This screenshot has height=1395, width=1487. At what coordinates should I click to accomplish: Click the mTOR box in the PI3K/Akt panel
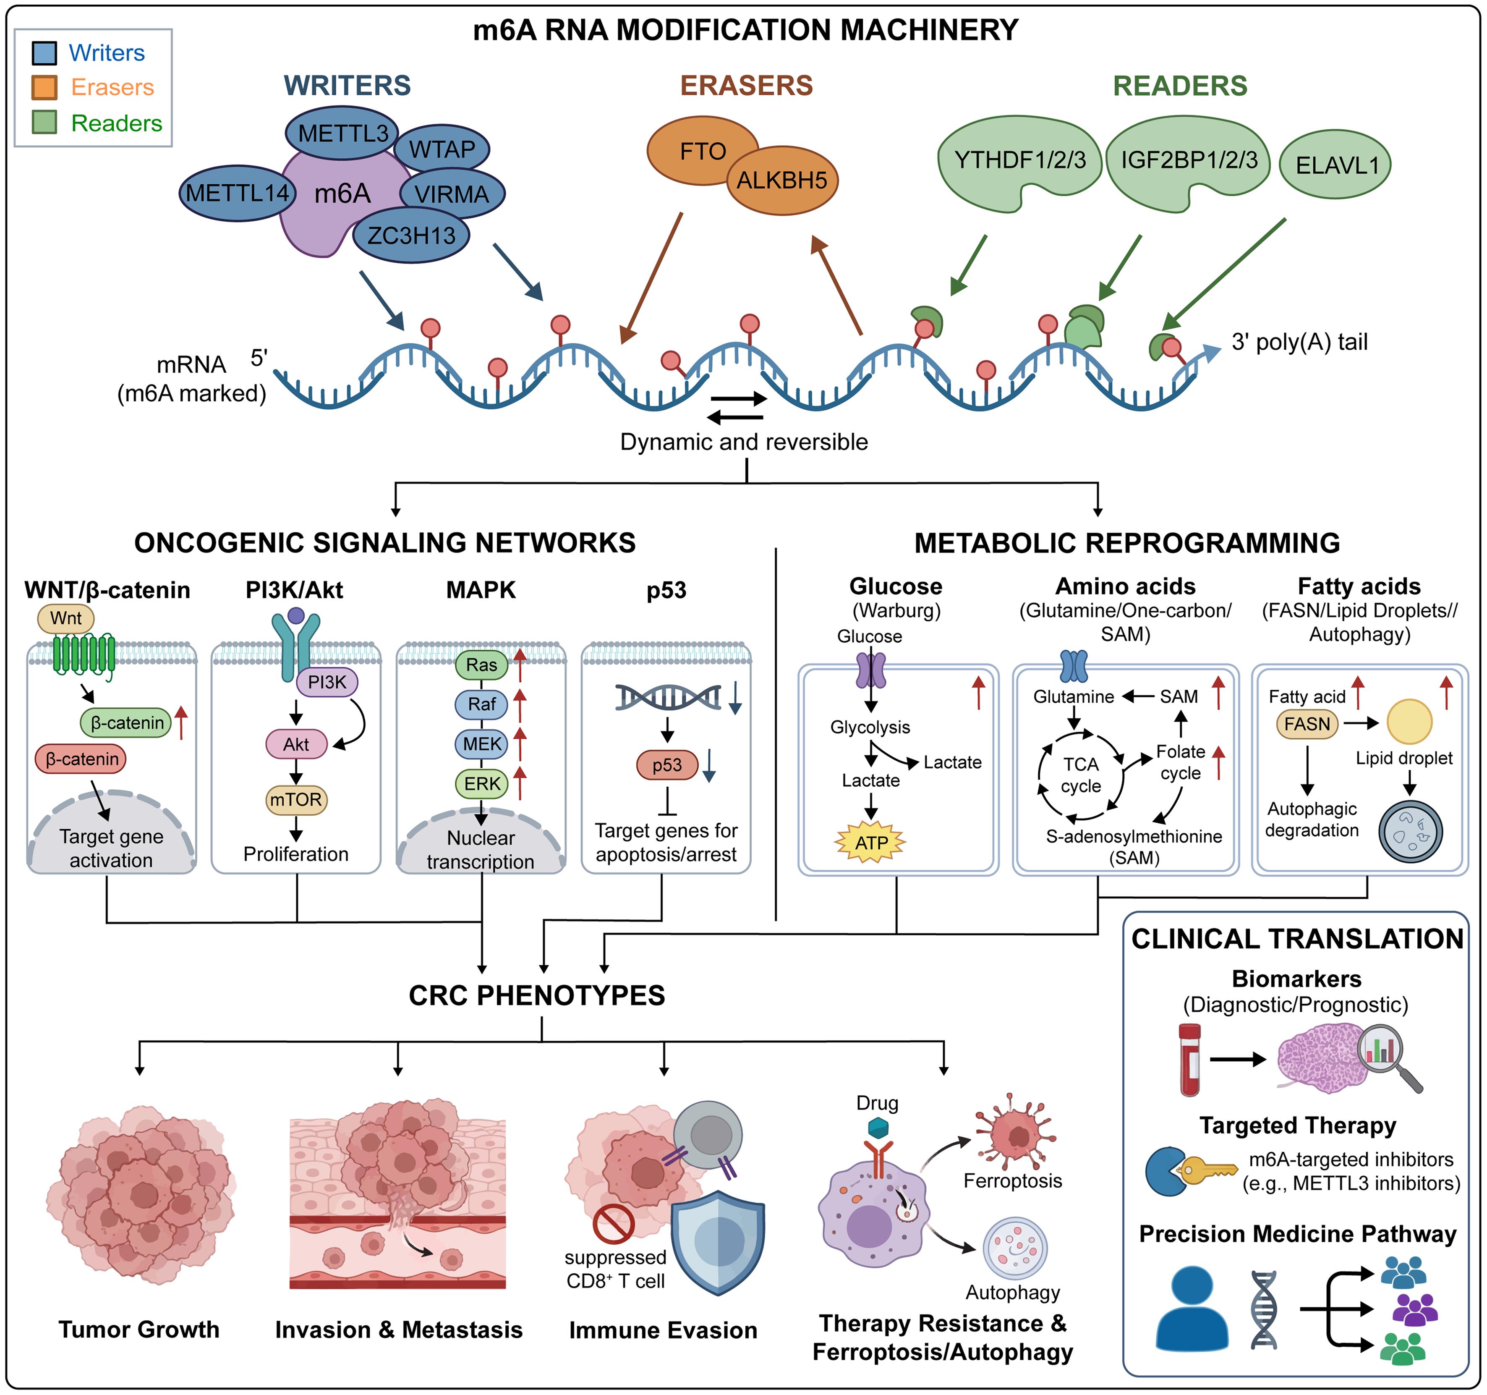click(296, 800)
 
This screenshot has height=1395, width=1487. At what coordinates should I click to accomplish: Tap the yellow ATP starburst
click(870, 843)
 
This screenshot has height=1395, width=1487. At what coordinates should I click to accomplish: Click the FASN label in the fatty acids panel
click(1307, 724)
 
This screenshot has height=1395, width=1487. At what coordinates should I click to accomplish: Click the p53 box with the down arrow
click(666, 765)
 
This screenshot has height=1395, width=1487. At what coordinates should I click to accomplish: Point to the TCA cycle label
click(1081, 775)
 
